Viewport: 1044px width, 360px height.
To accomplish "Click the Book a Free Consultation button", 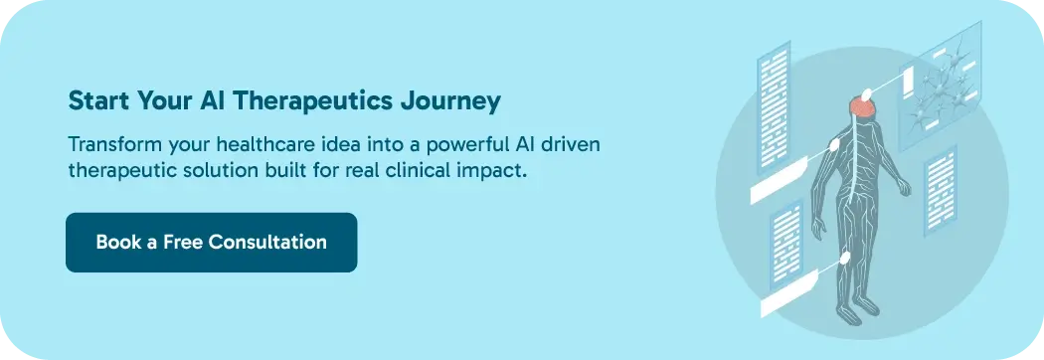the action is pyautogui.click(x=211, y=243).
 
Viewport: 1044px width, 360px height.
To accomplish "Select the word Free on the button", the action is pyautogui.click(x=182, y=242).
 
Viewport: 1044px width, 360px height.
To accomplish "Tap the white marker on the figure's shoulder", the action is pyautogui.click(x=834, y=144).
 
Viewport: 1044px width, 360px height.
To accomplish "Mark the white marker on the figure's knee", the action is pyautogui.click(x=845, y=259).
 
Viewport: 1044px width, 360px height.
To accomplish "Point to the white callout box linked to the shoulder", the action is pyautogui.click(x=779, y=180).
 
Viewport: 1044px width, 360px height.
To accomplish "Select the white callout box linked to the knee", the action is pyautogui.click(x=788, y=293).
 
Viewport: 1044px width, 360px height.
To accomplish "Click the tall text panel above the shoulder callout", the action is pyautogui.click(x=773, y=106).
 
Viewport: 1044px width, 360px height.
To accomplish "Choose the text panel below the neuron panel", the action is pyautogui.click(x=941, y=190).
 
